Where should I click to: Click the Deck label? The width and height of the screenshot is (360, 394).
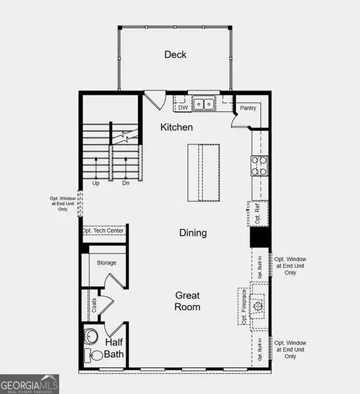coord(175,55)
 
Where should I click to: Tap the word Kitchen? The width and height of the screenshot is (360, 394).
coord(177,127)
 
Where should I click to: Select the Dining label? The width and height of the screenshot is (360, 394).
coord(193,232)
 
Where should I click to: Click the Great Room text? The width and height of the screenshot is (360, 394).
coord(187,301)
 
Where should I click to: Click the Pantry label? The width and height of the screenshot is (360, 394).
coord(248,108)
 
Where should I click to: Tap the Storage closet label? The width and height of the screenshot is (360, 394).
coord(106,263)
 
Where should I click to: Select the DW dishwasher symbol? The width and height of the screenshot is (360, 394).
coord(183,107)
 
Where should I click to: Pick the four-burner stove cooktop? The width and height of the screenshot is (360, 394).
coord(259,165)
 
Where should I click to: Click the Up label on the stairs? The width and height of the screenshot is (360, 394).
coord(97,183)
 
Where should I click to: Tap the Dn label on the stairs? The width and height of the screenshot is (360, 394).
coord(125,183)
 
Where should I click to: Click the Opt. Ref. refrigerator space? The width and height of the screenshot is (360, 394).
coord(257,213)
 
